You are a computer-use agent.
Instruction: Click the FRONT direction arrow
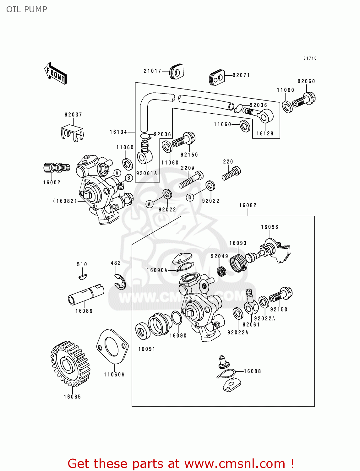(x=56, y=73)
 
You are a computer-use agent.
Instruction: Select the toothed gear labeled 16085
(x=70, y=363)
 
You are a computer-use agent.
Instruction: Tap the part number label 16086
(x=84, y=311)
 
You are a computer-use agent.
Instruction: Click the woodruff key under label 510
(x=82, y=276)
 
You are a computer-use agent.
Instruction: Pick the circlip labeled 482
(x=120, y=282)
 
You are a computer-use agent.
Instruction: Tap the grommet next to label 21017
(x=176, y=72)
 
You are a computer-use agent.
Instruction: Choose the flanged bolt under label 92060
(x=304, y=100)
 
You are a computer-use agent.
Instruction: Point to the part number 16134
(x=118, y=132)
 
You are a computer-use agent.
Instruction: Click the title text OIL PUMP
(x=27, y=9)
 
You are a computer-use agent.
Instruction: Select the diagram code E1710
(x=310, y=58)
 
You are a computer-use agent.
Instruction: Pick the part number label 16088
(x=252, y=371)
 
